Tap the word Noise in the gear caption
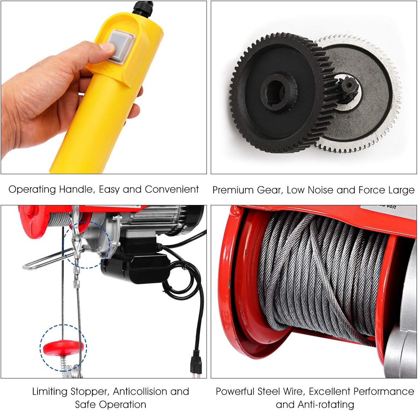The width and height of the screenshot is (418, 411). [x=321, y=190]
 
